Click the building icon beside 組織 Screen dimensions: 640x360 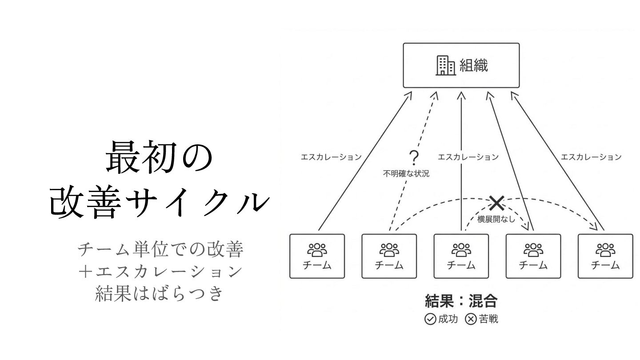click(444, 65)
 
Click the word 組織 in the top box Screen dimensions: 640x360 click(474, 65)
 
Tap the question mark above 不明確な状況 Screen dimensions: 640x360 click(414, 157)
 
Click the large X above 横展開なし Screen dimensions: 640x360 click(496, 203)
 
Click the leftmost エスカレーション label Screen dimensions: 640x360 click(331, 157)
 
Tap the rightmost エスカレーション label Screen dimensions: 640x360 click(591, 157)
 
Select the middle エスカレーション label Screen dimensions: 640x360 click(468, 157)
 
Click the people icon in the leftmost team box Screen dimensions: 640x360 click(317, 250)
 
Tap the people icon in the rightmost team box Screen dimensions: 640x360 click(605, 250)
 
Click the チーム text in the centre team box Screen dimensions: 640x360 click(461, 265)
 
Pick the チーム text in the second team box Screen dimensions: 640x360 click(389, 265)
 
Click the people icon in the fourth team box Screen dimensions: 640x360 click(533, 250)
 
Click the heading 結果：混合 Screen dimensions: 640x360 click(461, 301)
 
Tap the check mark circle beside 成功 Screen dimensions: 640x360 click(430, 320)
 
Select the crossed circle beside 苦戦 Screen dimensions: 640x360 click(471, 320)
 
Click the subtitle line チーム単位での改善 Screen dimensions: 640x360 click(160, 250)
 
